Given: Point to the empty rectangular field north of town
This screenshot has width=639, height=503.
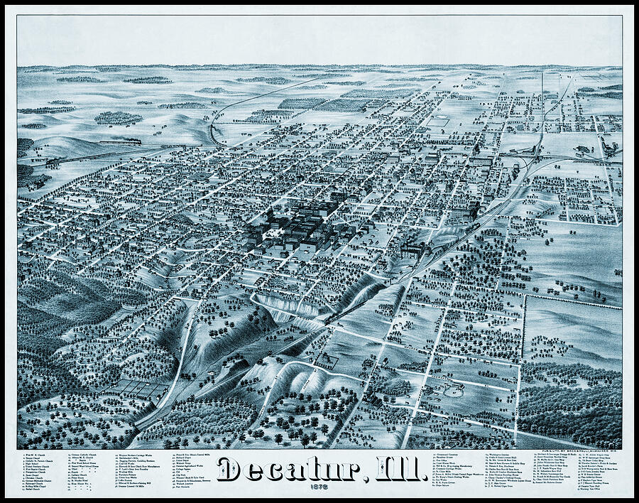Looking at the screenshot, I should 436,122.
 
